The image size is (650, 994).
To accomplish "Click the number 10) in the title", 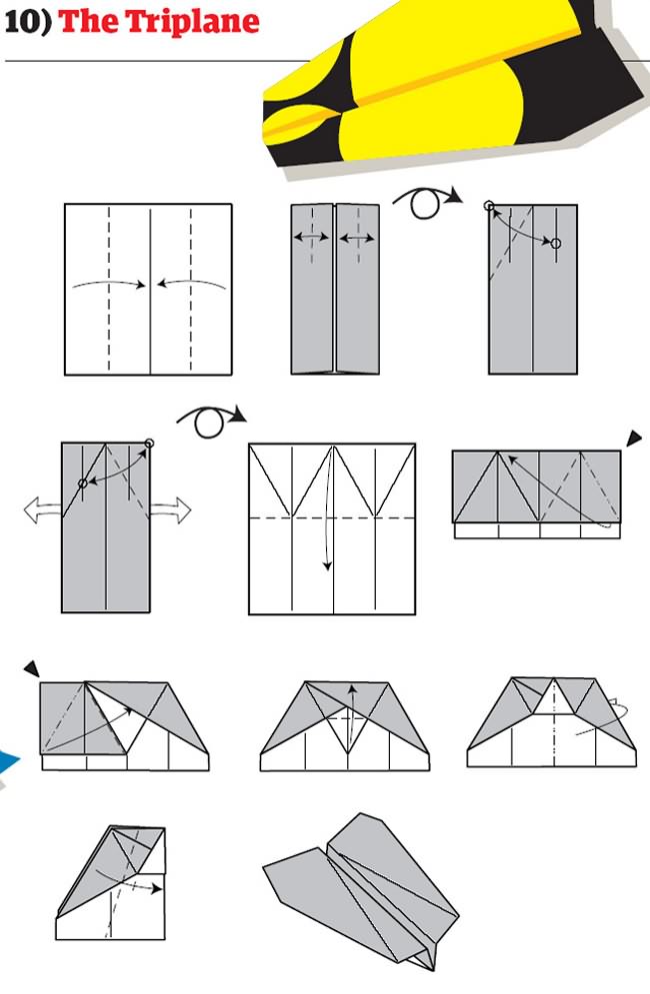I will coord(28,22).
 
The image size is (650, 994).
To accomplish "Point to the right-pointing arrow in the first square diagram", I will coord(110,285).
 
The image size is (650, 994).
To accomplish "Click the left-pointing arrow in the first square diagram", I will coord(191,285).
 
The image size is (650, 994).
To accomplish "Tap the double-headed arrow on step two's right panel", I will coord(358,239).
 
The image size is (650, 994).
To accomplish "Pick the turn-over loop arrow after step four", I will coord(211,421).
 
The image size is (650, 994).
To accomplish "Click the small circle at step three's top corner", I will coord(489,206).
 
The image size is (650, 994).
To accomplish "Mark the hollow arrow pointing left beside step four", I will coord(40,511).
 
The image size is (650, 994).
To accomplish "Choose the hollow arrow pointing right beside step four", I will coord(169,511).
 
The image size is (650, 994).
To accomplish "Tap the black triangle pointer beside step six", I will coord(633,438).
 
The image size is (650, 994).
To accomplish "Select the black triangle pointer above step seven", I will coord(32,668).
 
